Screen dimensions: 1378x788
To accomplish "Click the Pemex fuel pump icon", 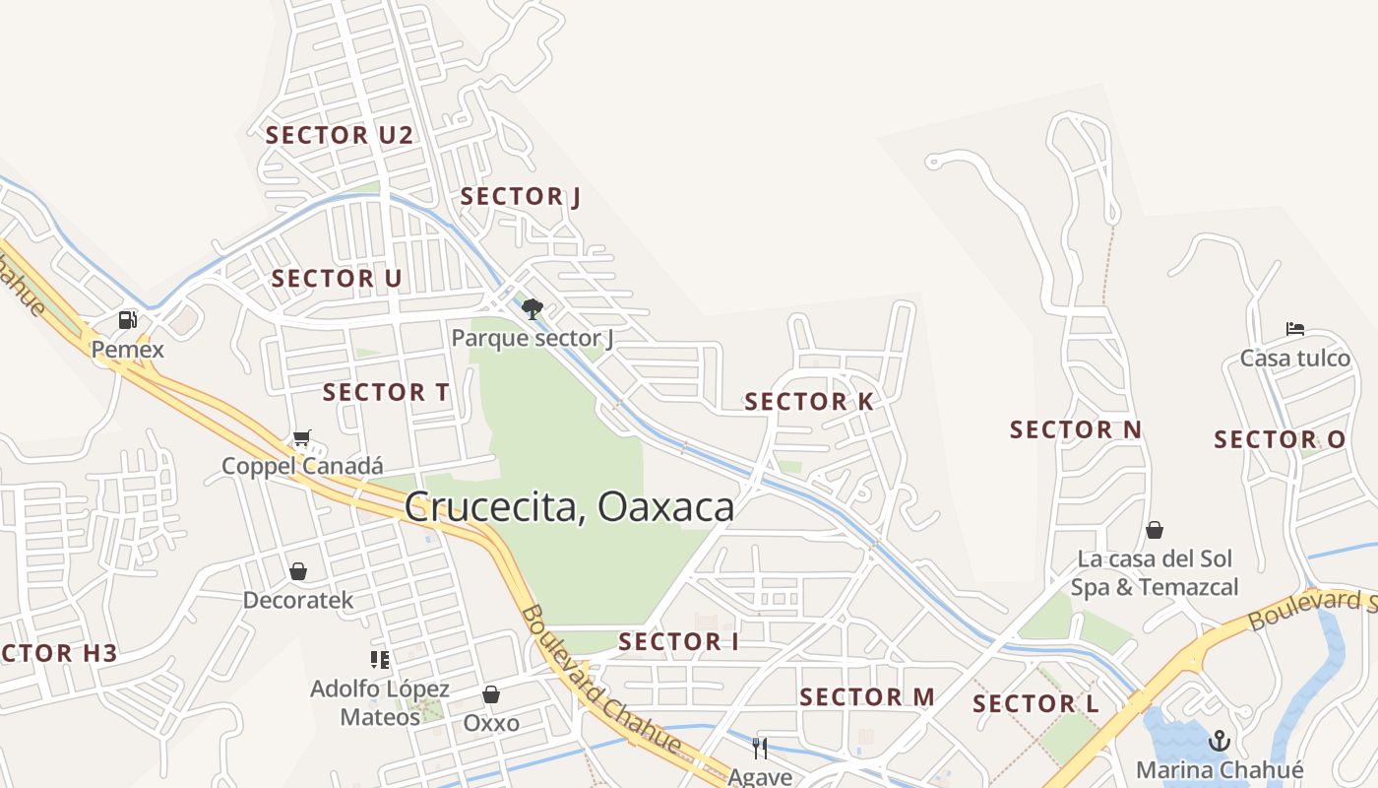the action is [127, 320].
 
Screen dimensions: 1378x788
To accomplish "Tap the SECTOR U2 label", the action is [340, 136].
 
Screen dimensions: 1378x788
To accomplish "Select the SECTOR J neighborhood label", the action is [521, 197].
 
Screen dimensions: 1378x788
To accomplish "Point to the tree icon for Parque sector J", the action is [532, 309].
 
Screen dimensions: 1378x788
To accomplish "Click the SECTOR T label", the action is [386, 392].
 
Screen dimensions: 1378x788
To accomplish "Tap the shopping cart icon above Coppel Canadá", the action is [301, 438].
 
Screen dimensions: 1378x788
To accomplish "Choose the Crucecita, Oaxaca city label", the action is [570, 507].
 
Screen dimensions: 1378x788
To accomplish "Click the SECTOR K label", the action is [809, 402].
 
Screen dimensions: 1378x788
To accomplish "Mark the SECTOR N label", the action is [1076, 429].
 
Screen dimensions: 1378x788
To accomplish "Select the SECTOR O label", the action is [1280, 440].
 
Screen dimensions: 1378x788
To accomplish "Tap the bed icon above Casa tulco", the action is [1295, 329].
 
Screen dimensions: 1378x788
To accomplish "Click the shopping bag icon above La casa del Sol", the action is [1155, 530].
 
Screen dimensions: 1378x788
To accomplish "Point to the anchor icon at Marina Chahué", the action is [1221, 740].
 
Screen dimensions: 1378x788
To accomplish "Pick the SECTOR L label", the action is [1035, 704].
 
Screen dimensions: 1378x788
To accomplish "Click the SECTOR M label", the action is [867, 697].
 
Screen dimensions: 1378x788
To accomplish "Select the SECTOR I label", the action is [678, 642].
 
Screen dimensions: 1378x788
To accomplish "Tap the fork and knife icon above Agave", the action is [760, 749].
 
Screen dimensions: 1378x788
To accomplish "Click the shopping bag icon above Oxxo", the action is [491, 694].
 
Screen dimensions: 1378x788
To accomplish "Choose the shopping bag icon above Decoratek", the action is [298, 571].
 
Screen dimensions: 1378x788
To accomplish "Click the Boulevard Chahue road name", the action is [600, 680].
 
